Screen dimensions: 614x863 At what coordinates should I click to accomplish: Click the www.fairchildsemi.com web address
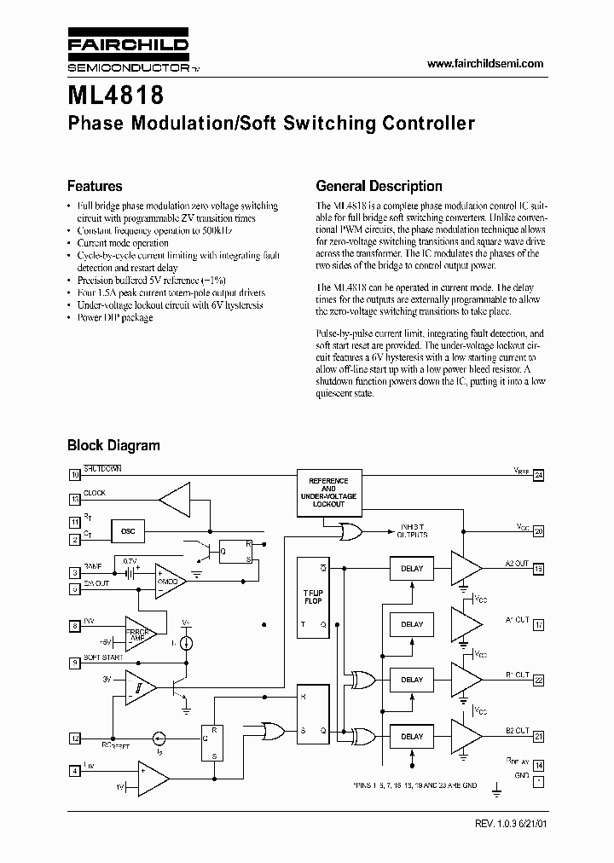tap(484, 64)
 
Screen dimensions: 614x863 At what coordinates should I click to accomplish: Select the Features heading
tap(95, 186)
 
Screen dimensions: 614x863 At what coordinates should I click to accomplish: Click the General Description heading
tap(379, 186)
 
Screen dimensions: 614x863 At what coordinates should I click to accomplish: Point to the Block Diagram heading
tap(113, 445)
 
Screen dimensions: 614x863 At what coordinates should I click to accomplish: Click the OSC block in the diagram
tap(128, 531)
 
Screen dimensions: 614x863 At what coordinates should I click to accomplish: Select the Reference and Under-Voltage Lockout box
tap(328, 493)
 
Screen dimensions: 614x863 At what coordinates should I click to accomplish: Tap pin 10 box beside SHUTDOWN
tap(75, 473)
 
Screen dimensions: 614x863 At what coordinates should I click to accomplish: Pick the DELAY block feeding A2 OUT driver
tap(412, 569)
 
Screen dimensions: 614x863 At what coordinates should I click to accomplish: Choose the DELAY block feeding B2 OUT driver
tap(412, 736)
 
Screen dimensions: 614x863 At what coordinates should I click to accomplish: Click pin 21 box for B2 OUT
tap(538, 736)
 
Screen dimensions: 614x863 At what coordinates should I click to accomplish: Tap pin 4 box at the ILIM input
tap(75, 772)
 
